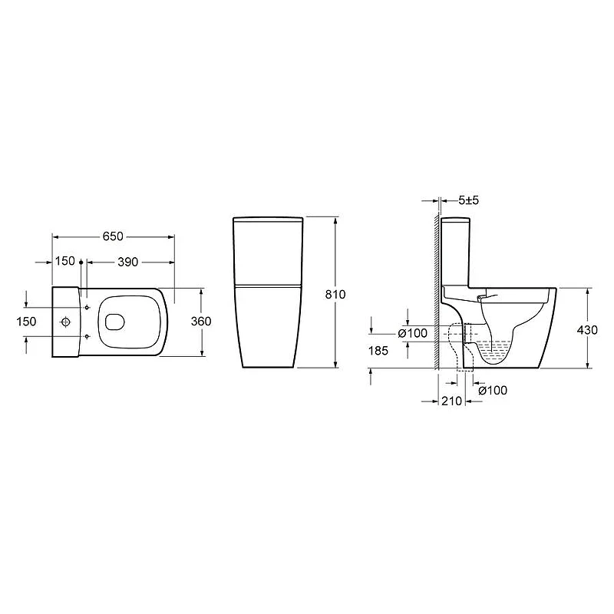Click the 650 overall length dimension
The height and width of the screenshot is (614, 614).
pyautogui.click(x=113, y=236)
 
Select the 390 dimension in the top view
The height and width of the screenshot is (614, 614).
pyautogui.click(x=127, y=262)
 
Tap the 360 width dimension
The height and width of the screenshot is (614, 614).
pyautogui.click(x=201, y=322)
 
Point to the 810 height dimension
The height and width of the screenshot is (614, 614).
pyautogui.click(x=335, y=295)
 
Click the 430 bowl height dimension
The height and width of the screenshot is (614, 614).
pyautogui.click(x=587, y=330)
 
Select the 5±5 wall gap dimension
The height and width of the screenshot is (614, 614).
pyautogui.click(x=469, y=200)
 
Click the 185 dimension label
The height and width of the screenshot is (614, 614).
pyautogui.click(x=378, y=351)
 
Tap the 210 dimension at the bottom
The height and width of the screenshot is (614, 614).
pyautogui.click(x=452, y=401)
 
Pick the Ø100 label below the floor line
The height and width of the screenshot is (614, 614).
pyautogui.click(x=493, y=391)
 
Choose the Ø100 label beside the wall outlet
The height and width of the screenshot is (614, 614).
pyautogui.click(x=413, y=334)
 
